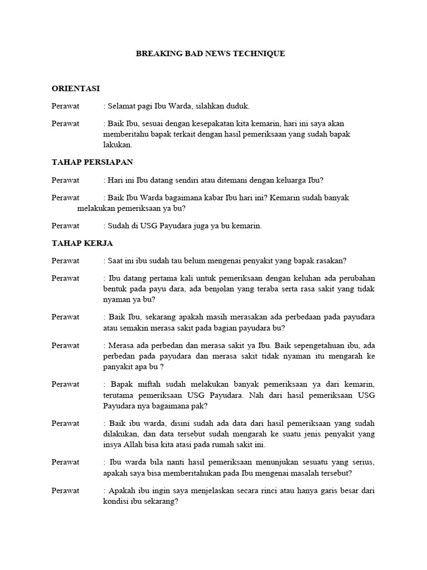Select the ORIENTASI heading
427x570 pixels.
coord(76,89)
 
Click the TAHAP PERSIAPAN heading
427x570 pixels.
coord(92,162)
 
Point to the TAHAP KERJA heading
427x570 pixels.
coord(82,243)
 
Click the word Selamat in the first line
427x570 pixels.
coord(122,106)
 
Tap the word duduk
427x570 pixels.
coord(239,106)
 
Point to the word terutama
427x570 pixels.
coord(118,395)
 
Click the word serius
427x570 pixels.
coord(363,463)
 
